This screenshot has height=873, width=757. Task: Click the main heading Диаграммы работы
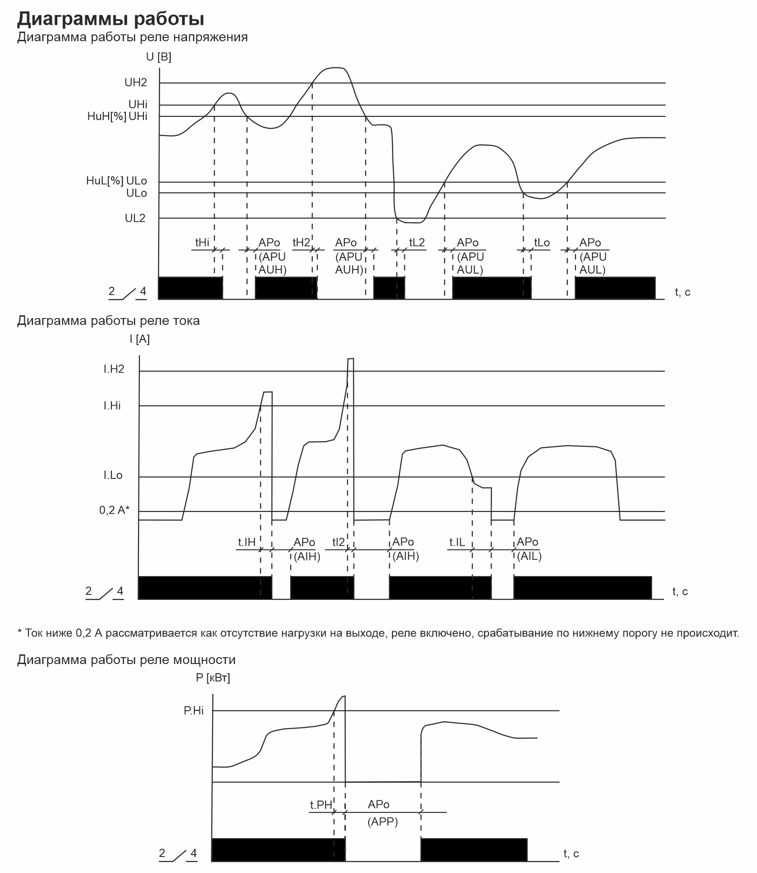[111, 19]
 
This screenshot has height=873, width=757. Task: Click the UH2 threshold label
[136, 82]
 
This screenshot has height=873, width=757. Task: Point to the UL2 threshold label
[135, 218]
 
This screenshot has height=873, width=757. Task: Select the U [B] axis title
[159, 57]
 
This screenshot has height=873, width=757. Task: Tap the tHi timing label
[202, 242]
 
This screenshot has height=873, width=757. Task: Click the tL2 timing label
[417, 242]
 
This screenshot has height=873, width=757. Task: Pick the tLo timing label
[542, 242]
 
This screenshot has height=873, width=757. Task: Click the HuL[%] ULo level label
[116, 181]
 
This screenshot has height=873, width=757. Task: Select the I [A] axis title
[139, 339]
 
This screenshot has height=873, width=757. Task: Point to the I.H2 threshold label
[114, 369]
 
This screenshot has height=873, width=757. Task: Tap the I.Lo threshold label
[113, 475]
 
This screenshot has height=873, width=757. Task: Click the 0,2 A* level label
[115, 510]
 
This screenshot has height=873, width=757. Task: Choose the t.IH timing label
[247, 543]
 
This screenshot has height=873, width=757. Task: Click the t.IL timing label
[457, 543]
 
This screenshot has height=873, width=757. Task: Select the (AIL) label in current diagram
[529, 557]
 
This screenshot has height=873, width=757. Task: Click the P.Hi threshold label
[193, 711]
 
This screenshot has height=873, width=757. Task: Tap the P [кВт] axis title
[213, 677]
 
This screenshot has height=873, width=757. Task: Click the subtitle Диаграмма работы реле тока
[108, 320]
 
